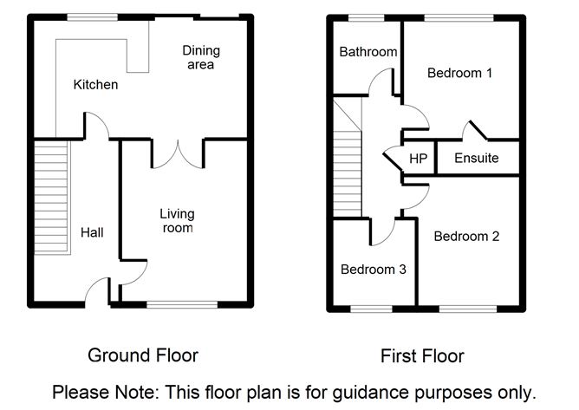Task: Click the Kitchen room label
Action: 95,85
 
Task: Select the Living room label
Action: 177,221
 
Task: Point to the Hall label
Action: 92,232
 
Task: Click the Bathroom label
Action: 368,52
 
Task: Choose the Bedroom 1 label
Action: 459,74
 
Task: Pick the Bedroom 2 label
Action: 466,236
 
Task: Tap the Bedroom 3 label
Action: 373,270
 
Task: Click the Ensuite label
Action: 476,159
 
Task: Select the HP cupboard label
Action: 418,159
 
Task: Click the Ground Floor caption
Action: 143,355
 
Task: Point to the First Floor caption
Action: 422,356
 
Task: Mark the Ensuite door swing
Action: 475,132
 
